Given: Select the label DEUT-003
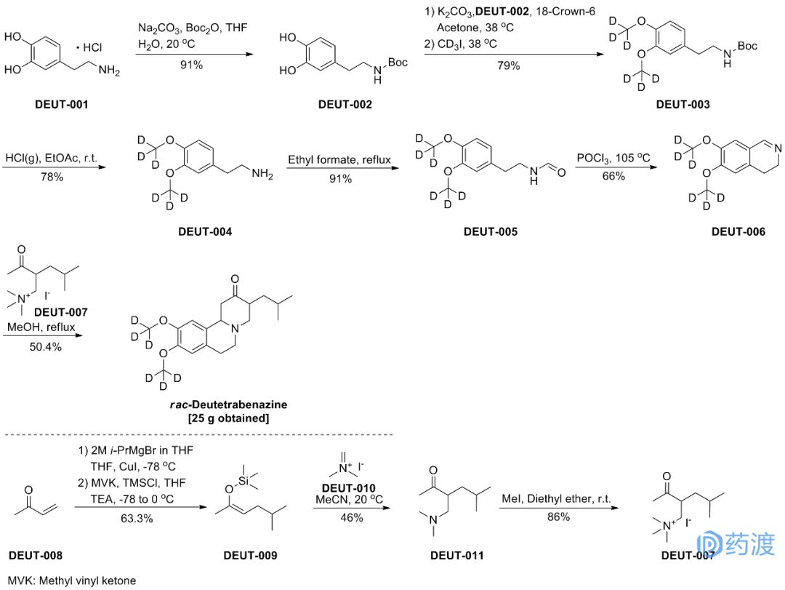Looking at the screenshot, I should [683, 105].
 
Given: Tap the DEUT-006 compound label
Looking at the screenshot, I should [738, 232].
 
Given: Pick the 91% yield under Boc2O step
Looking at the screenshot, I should [191, 65].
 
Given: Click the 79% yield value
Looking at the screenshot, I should [508, 66].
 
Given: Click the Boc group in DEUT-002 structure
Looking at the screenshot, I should [398, 63].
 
